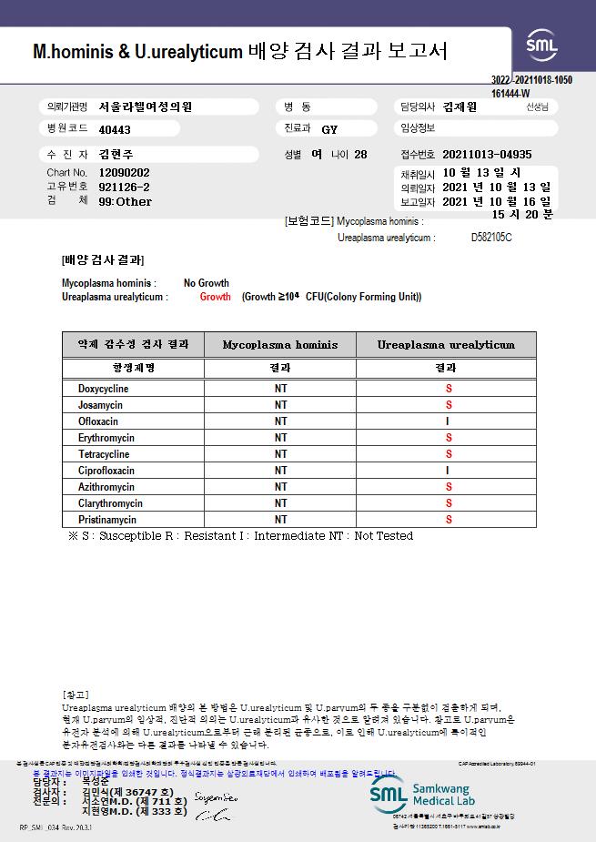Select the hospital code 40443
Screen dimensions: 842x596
pos(115,129)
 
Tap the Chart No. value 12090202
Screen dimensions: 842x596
pos(124,172)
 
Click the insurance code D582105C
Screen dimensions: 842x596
pos(491,238)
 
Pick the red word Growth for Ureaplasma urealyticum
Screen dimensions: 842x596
pos(216,297)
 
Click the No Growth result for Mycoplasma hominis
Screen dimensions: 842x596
pos(207,283)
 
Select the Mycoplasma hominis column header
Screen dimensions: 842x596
pos(279,345)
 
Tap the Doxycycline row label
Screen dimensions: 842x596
pos(103,389)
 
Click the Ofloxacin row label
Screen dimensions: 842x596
pos(98,421)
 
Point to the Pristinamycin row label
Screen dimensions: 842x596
pos(106,520)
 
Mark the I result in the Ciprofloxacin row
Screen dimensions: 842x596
pos(448,471)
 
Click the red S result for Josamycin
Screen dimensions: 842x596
pos(448,405)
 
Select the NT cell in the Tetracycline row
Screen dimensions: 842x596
pos(280,454)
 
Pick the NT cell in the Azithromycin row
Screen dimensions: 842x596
pos(280,487)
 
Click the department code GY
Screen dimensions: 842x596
pos(329,129)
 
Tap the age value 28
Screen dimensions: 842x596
pos(360,155)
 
